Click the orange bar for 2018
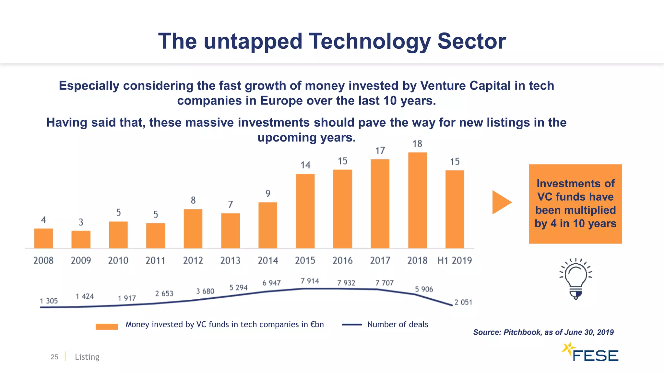pos(417,200)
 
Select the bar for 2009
pos(81,240)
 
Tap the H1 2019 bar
pos(455,209)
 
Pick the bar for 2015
pos(305,211)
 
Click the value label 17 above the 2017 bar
pos(380,151)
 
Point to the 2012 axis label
pos(193,260)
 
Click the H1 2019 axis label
pos(455,260)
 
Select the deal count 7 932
pos(346,283)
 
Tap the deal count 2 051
pos(463,302)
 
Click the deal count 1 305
pos(49,301)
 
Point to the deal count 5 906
pos(424,289)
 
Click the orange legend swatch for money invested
pos(107,327)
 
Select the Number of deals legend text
pos(397,324)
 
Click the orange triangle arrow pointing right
pos(500,202)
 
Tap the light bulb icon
pos(576,279)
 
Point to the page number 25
pos(54,357)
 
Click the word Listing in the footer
pos(87,357)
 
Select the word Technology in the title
pos(370,41)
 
